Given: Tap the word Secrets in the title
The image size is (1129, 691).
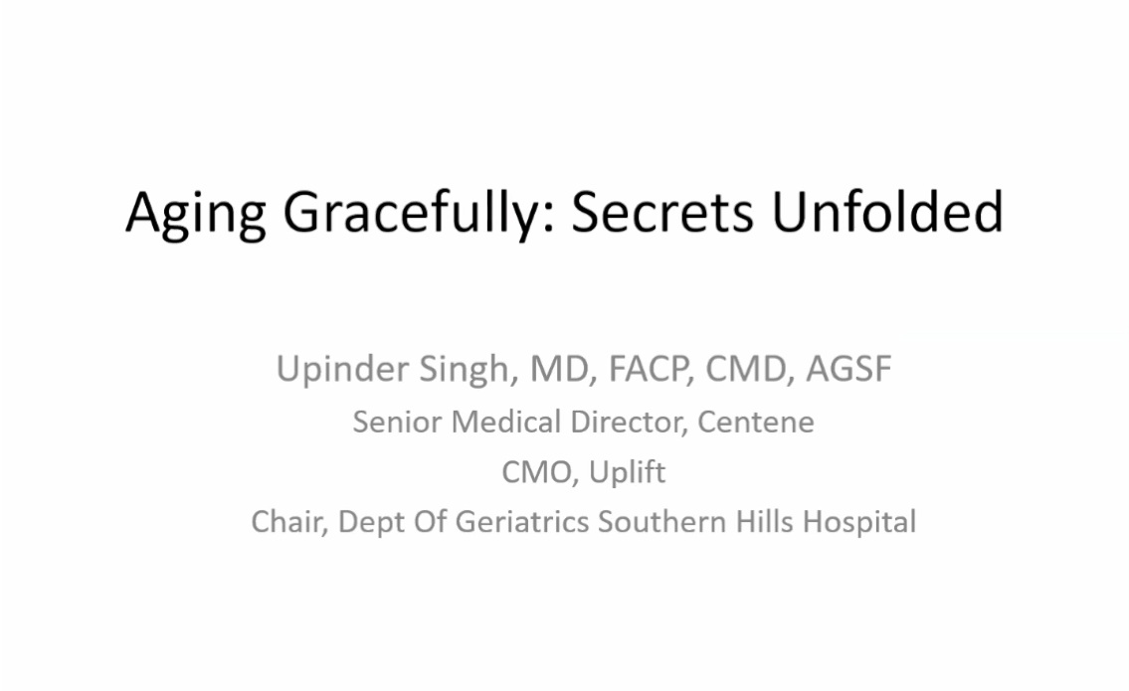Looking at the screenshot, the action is tap(662, 213).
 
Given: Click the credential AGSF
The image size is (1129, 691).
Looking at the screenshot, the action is tap(848, 369).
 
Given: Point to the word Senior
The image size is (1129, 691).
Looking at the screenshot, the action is tap(397, 422).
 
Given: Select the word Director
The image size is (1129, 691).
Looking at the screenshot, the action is tap(627, 423).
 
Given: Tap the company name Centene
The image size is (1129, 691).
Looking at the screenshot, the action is tap(756, 423).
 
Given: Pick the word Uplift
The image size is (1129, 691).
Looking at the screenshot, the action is tap(627, 473).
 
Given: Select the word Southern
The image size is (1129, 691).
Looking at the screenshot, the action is tap(661, 522).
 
